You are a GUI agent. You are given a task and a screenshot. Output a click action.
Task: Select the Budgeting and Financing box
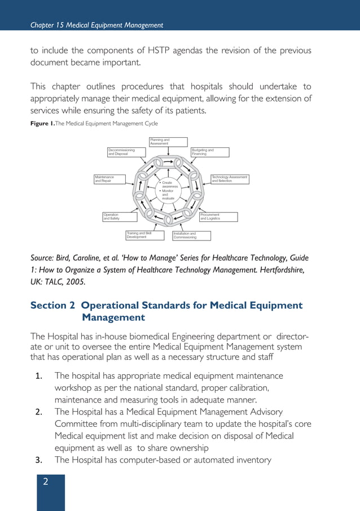click(x=210, y=152)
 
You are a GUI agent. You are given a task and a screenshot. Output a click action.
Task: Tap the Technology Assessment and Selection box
click(x=230, y=179)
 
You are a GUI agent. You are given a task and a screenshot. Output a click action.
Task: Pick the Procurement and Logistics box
click(x=218, y=217)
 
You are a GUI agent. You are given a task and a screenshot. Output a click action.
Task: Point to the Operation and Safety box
click(x=119, y=217)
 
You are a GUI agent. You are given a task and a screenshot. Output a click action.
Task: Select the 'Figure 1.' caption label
click(x=42, y=124)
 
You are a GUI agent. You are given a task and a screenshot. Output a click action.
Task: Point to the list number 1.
click(x=39, y=376)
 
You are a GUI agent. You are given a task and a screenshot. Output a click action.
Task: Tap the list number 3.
click(x=39, y=460)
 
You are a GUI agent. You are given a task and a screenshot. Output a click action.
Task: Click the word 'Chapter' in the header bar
click(x=43, y=25)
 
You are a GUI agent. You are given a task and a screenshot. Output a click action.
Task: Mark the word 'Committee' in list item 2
click(x=78, y=423)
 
